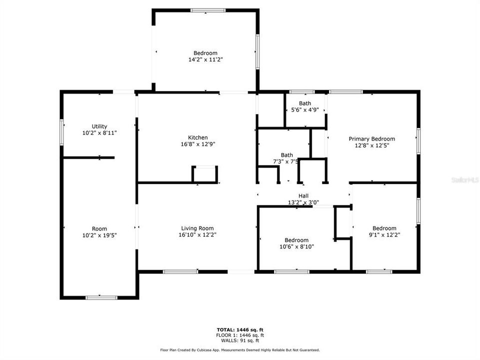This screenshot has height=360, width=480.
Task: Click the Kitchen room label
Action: tap(198, 137)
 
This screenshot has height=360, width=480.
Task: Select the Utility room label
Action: tap(99, 126)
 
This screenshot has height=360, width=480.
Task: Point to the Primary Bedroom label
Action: tap(372, 139)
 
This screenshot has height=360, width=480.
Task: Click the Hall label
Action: tap(304, 196)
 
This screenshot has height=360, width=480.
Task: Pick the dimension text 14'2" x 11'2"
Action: tap(205, 59)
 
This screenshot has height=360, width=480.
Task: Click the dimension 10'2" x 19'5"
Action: tap(99, 235)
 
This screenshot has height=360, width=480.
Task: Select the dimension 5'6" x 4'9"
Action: tap(305, 109)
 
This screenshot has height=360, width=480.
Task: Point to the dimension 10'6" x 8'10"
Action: tap(297, 246)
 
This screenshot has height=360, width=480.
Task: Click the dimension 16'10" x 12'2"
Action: tap(198, 235)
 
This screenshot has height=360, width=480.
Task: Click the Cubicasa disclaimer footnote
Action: tap(240, 350)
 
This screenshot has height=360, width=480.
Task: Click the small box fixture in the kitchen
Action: tap(205, 174)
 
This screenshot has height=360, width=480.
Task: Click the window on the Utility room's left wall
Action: tap(62, 132)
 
